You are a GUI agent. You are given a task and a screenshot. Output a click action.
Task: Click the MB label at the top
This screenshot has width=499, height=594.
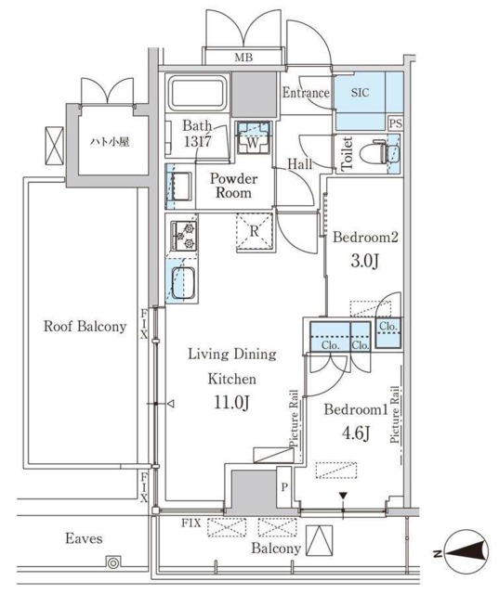tap(243, 58)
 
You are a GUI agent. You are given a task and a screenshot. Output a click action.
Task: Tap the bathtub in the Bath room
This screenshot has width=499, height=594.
tap(197, 93)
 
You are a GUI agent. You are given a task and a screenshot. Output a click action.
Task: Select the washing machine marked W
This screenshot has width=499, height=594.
tap(254, 137)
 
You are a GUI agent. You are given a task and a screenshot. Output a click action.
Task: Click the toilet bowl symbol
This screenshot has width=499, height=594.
tap(373, 153)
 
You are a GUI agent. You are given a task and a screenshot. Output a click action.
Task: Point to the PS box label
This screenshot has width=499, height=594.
tap(396, 123)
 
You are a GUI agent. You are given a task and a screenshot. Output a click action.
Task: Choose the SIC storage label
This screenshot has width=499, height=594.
tap(360, 93)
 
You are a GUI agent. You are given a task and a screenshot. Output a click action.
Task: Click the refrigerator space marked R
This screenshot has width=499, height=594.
tap(255, 232)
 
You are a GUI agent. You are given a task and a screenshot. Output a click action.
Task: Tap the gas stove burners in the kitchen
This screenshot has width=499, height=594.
tap(184, 236)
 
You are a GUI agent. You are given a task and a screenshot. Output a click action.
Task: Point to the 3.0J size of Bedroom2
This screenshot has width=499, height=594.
tap(365, 261)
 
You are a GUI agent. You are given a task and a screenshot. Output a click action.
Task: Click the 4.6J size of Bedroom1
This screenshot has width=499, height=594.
tap(356, 433)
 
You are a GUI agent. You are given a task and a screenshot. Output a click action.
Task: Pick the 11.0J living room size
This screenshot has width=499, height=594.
tap(231, 402)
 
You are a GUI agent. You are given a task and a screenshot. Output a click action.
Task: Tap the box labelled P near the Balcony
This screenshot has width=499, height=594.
tap(284, 487)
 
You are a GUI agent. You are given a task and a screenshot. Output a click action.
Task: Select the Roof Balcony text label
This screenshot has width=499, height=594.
tap(85, 326)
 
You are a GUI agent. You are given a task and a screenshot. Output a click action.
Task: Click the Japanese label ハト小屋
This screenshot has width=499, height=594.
tap(110, 142)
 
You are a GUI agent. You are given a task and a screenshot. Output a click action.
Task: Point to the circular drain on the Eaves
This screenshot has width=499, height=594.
tap(113, 562)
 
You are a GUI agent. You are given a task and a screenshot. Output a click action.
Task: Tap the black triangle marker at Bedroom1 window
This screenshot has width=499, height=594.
tap(343, 496)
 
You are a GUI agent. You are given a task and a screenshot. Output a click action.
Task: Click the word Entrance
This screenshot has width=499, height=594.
tap(306, 93)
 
